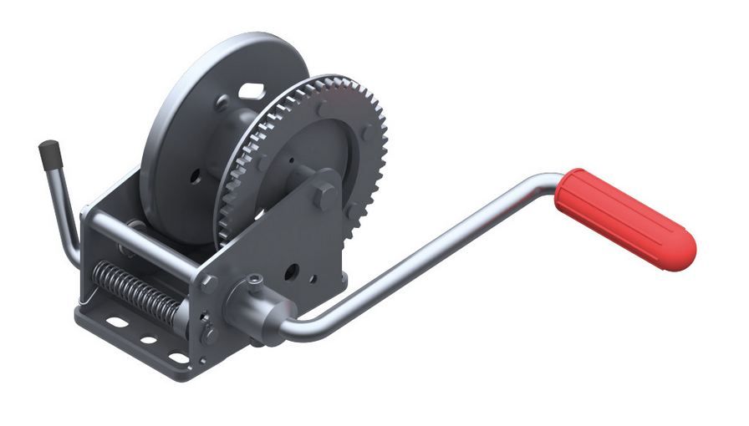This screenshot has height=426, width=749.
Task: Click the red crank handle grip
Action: click(627, 219)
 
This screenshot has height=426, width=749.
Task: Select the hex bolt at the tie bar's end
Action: click(208, 282)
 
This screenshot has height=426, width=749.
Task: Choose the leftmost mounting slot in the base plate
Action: click(118, 322)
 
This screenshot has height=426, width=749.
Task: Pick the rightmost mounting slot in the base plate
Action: click(179, 358)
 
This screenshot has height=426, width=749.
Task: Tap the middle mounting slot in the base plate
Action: click(149, 340)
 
